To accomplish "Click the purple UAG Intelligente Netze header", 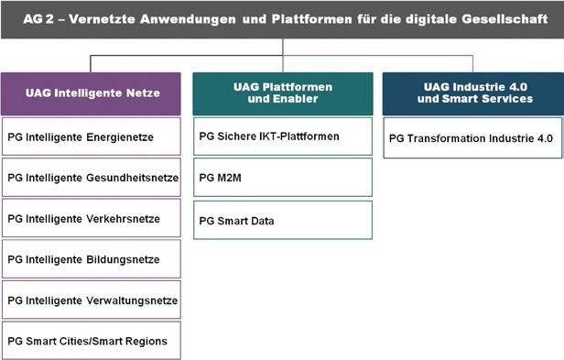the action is [x=91, y=93].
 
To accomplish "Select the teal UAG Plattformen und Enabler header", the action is [x=283, y=93].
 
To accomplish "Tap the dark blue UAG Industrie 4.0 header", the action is [x=473, y=93].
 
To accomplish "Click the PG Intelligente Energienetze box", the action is [x=92, y=136].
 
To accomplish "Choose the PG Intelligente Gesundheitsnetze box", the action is [x=92, y=177].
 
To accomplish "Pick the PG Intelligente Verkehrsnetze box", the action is [x=92, y=218].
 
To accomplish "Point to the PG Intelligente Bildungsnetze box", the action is [x=92, y=259].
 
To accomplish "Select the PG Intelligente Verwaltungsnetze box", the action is [x=92, y=300].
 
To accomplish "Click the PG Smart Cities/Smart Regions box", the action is [x=92, y=341].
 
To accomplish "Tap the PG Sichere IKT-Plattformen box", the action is [x=283, y=136].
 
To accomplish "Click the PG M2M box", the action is [x=283, y=177].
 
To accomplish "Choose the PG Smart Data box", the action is [x=283, y=220].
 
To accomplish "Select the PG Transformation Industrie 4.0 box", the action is [x=472, y=138].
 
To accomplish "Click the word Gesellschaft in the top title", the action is [x=504, y=18].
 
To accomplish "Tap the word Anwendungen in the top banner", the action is [x=188, y=19].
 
